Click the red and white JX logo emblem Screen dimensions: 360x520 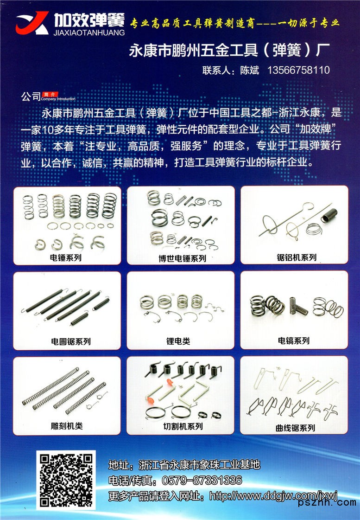tap(32, 23)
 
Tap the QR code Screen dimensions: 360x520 tap(66, 480)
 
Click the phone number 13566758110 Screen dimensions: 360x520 tap(298, 70)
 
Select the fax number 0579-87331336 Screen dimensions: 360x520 tap(202, 480)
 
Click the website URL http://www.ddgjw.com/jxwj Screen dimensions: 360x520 tap(273, 496)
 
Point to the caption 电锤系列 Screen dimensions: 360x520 tap(66, 257)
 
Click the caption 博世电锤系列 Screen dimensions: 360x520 tap(182, 258)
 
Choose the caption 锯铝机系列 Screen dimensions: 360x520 tap(297, 257)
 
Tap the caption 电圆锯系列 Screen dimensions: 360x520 tap(71, 341)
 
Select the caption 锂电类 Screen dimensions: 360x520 tap(178, 341)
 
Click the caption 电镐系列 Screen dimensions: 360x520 tap(293, 340)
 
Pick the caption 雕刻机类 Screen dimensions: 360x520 tap(67, 426)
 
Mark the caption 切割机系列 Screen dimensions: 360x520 tap(183, 426)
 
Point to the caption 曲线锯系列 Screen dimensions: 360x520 tap(295, 428)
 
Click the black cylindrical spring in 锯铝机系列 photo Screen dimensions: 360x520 tap(329, 215)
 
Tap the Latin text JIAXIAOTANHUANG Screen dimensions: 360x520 tap(89, 32)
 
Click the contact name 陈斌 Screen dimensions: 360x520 tap(250, 70)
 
